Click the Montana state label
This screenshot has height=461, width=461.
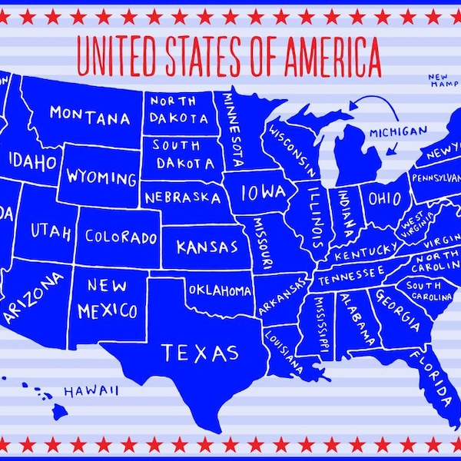pos(90,116)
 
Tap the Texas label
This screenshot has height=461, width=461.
pos(199,353)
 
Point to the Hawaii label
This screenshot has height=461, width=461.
pos(91,391)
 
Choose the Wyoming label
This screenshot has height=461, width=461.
pos(101,178)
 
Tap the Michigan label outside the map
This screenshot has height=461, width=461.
pos(397,131)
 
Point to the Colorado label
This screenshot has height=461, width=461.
pos(121,237)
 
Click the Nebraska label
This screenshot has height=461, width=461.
pos(182,197)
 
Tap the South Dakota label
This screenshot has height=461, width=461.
pos(181,154)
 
